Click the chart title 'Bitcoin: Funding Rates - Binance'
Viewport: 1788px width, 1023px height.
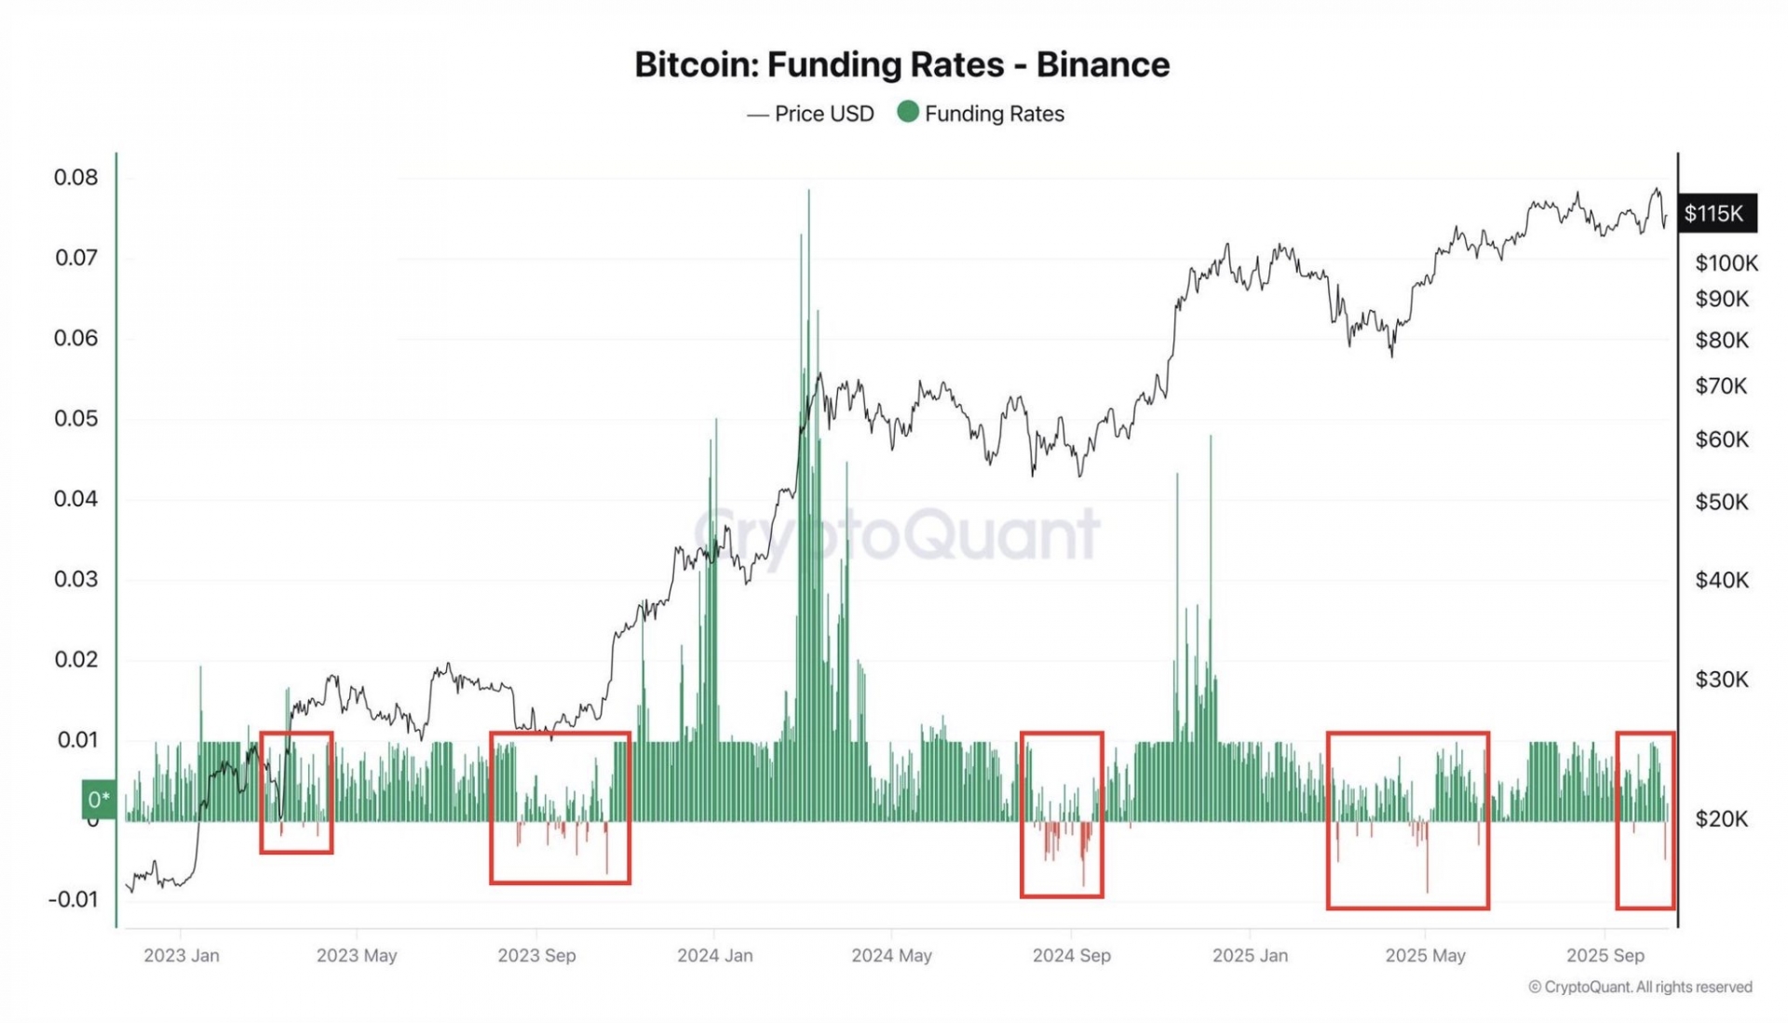pos(901,65)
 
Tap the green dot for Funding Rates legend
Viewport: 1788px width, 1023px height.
pos(908,113)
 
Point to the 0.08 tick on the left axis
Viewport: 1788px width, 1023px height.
pos(75,178)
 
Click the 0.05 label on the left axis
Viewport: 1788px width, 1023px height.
pos(75,419)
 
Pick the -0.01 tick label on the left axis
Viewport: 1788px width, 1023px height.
pos(73,899)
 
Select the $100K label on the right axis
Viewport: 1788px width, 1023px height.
pos(1726,263)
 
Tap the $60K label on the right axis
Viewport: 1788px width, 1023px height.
pos(1721,439)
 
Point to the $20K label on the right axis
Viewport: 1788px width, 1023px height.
pos(1721,819)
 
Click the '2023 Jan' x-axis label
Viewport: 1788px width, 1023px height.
pos(182,956)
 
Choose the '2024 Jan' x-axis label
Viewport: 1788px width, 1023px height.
pos(714,956)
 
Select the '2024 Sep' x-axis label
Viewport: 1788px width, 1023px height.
pos(1071,956)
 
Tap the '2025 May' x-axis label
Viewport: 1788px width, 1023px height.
pos(1425,956)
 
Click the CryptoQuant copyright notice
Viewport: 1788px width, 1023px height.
pos(1640,987)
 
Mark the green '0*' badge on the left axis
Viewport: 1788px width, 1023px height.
pos(99,799)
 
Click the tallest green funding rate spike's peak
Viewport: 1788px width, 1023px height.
pos(808,192)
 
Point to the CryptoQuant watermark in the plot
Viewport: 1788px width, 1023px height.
pos(897,534)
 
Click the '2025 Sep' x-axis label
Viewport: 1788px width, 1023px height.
pos(1605,956)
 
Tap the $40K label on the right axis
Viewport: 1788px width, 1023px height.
pos(1721,581)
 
